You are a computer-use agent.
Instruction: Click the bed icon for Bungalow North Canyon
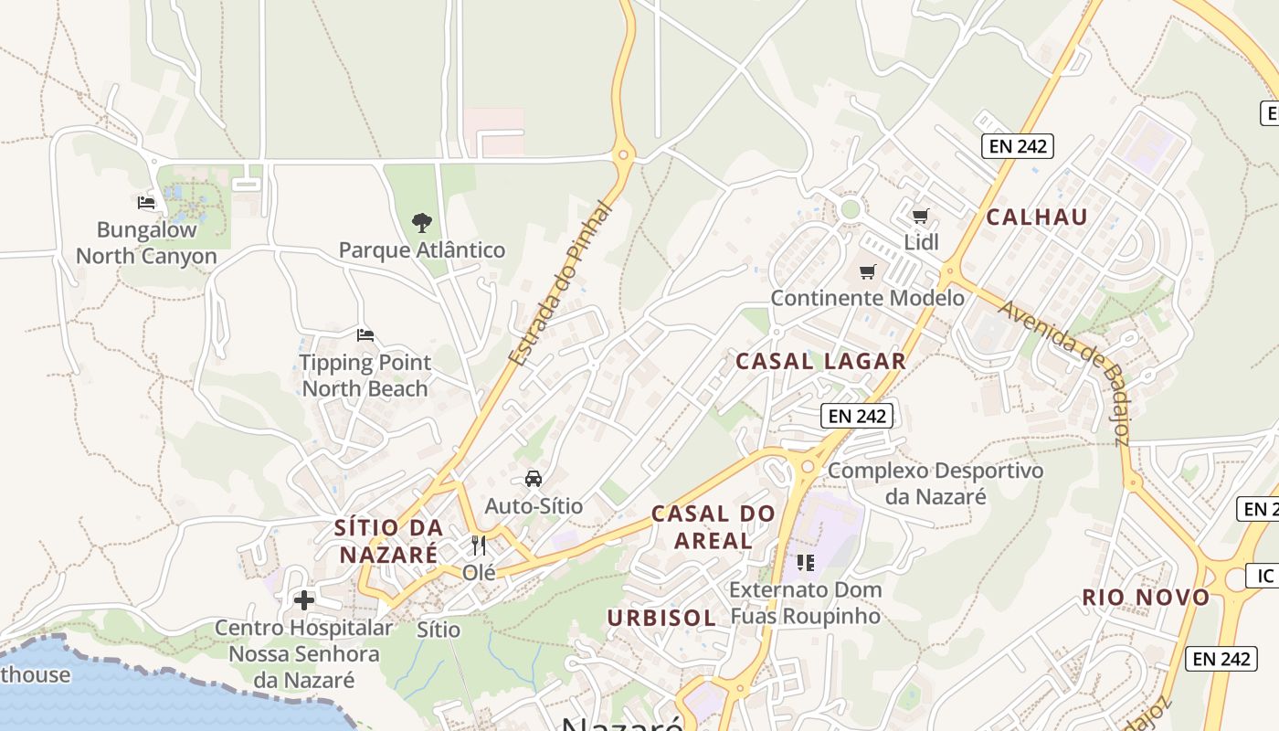(146, 203)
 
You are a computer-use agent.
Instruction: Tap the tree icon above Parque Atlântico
(421, 222)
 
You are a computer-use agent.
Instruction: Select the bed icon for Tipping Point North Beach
(365, 335)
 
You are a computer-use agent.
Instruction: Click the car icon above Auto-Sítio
(534, 478)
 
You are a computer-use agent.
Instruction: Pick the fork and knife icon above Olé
(479, 546)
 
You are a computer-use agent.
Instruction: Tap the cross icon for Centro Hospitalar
(304, 600)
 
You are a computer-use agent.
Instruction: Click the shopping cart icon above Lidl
(920, 216)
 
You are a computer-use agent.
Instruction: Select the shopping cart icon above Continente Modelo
(867, 271)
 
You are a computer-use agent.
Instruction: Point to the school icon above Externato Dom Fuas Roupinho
(805, 562)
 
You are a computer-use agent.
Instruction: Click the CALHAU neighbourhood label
(1037, 217)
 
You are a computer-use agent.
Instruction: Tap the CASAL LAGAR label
(820, 361)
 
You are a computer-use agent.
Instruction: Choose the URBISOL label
(661, 618)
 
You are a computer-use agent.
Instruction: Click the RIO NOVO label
(1146, 598)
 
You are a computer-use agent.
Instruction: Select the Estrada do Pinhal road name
(558, 284)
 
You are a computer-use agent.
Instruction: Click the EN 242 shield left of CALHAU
(1018, 145)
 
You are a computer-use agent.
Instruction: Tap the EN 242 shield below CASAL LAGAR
(856, 416)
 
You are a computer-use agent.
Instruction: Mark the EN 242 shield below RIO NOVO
(1221, 659)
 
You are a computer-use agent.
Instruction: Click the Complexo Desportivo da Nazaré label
(935, 484)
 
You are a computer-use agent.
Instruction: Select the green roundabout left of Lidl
(851, 208)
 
